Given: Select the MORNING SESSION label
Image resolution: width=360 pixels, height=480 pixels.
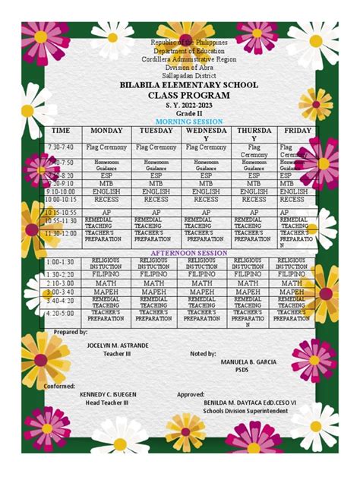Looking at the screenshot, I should point(188,122).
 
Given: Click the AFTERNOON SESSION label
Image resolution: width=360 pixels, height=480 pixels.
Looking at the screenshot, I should point(188,252).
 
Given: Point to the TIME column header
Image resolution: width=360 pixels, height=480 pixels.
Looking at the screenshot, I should point(61,131).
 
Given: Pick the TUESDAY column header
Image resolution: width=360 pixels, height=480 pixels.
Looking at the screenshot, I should point(156,131).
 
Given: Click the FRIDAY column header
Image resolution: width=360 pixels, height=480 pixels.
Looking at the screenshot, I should point(297,131).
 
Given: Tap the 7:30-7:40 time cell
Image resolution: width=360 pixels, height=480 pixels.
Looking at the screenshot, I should point(61,147).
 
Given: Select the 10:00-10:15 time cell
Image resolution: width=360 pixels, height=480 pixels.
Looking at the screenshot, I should point(62,202).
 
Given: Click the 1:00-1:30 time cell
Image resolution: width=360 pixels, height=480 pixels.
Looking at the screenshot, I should point(61,261).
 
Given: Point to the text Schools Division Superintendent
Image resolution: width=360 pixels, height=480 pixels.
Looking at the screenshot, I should point(245,411).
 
